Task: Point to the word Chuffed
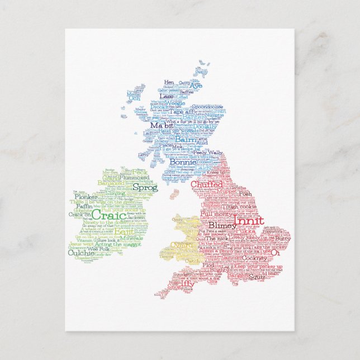pos(206,184)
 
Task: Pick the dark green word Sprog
pos(145,188)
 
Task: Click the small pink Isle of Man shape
pos(174,194)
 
